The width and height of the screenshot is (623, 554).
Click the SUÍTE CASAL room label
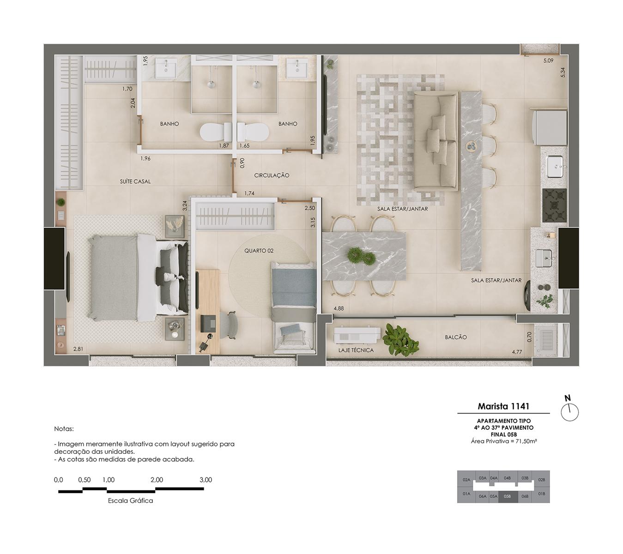click(135, 181)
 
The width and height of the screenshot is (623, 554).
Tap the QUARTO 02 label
click(259, 251)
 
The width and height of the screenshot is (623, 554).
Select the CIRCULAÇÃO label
click(272, 175)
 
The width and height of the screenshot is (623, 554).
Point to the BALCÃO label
click(455, 337)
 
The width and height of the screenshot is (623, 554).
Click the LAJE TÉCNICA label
click(356, 350)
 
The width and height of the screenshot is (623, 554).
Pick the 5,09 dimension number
click(548, 60)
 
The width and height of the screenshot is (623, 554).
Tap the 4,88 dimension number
click(339, 308)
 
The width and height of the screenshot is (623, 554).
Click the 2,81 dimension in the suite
click(78, 349)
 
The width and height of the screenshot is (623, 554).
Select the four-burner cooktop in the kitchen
click(554, 205)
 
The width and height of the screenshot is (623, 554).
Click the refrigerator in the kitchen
click(551, 127)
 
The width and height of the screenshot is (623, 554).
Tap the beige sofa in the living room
click(435, 142)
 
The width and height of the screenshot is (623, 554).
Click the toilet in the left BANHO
click(216, 132)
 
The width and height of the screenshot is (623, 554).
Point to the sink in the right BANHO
click(297, 69)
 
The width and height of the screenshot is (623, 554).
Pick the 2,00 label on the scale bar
click(157, 480)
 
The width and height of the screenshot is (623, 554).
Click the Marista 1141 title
click(503, 406)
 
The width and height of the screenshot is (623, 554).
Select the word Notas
click(64, 428)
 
